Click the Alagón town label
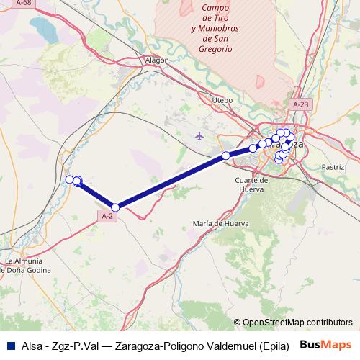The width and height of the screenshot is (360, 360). pos(156,60)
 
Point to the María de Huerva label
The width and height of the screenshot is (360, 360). pos(220,224)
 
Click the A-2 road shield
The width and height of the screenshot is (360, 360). pos(107,215)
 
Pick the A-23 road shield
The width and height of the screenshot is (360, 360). pos(301,104)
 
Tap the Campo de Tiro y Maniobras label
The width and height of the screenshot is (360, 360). pos(212,28)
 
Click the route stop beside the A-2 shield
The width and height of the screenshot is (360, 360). pos(115,207)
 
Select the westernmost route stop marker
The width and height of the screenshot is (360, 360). pos(70,179)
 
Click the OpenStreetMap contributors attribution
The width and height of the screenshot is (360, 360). pos(293,323)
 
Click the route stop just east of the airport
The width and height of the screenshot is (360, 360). pos(226,156)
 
